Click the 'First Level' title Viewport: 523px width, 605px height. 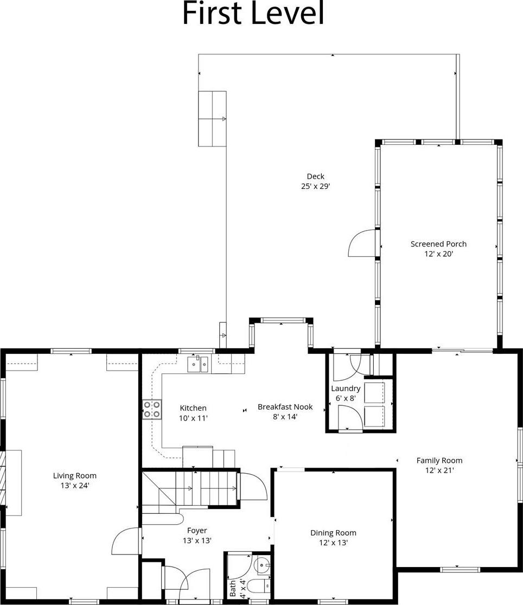(x=253, y=14)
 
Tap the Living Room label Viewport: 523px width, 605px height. (x=75, y=476)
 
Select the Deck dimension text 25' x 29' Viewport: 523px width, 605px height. (x=316, y=186)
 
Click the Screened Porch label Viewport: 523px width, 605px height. (x=438, y=244)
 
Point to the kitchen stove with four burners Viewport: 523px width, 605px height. (x=152, y=409)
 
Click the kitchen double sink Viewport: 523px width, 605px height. (x=198, y=365)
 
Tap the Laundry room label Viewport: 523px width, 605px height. (x=346, y=389)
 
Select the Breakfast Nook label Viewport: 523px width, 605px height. (x=285, y=407)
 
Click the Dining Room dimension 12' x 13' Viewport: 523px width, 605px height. (x=333, y=543)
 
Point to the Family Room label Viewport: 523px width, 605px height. (x=439, y=461)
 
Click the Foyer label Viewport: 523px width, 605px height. (x=197, y=531)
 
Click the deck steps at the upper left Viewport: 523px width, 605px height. (x=212, y=118)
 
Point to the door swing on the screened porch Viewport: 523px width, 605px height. (x=361, y=243)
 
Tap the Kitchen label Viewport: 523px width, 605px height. (x=193, y=408)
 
